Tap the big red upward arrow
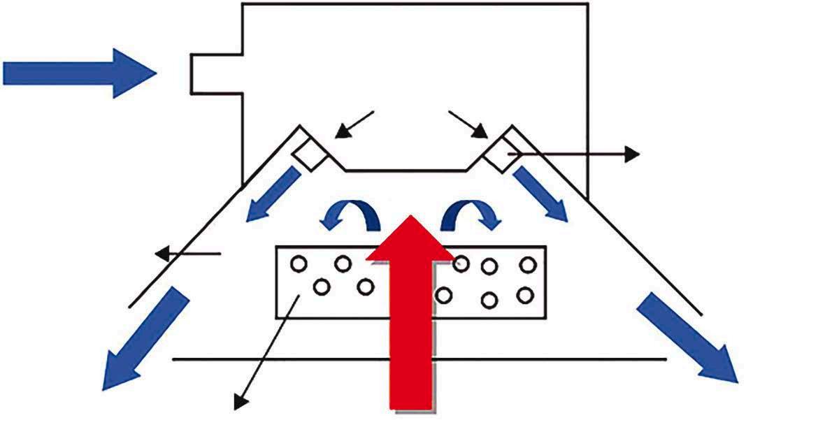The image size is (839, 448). point(412,315)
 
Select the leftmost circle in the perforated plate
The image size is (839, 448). point(299,264)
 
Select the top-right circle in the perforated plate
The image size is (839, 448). point(528,264)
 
